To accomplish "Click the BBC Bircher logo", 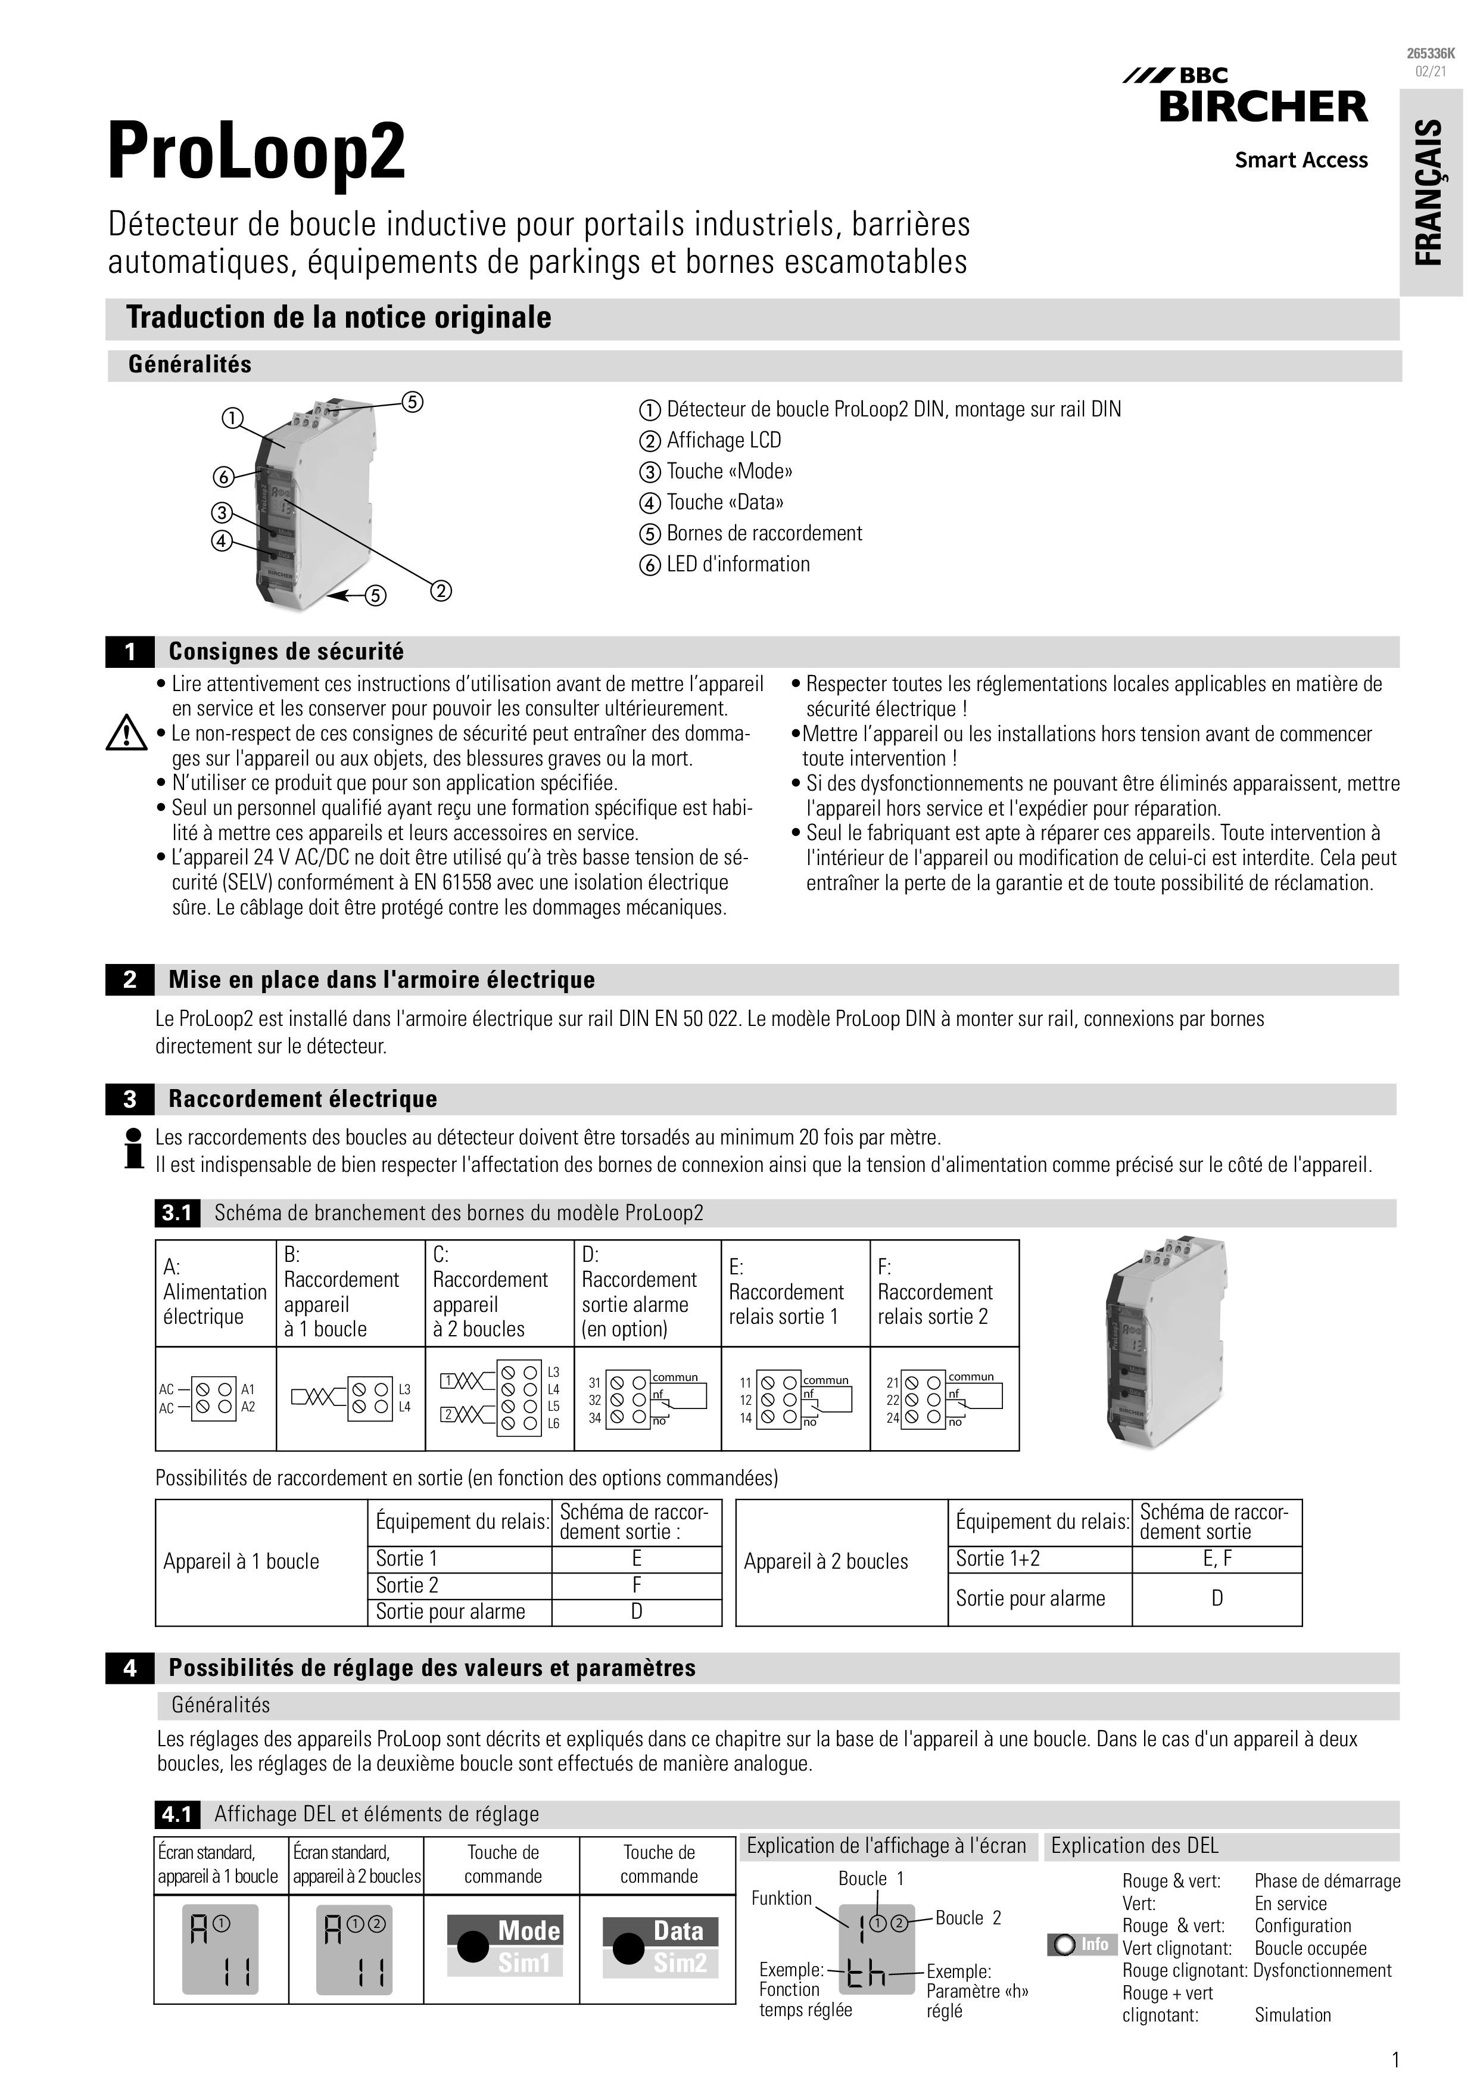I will pos(1257,98).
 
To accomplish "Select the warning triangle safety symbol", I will pos(126,733).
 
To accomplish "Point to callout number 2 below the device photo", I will pos(441,591).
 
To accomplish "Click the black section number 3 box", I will pos(129,1100).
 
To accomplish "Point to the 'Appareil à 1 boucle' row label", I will pos(241,1561).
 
